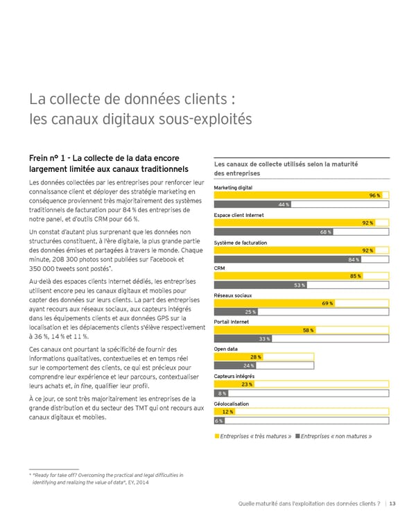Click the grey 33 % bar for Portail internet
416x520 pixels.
(243, 338)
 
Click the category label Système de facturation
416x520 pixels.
(241, 242)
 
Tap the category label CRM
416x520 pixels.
(220, 269)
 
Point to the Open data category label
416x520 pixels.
(226, 349)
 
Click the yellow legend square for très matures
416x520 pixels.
(218, 436)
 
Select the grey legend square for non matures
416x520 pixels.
(297, 436)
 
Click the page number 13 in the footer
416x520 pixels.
(393, 503)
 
